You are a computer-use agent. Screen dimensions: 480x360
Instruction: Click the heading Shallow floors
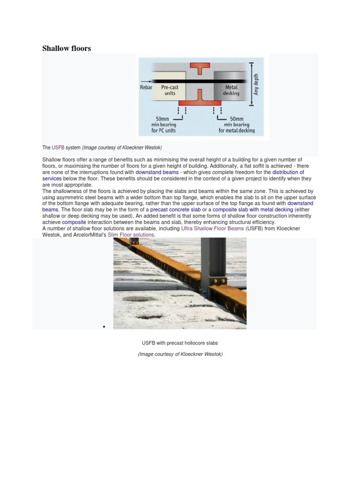[x=67, y=48]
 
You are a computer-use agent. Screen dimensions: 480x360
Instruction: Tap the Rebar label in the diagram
[x=146, y=87]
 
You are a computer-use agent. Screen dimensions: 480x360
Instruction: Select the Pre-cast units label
[x=170, y=90]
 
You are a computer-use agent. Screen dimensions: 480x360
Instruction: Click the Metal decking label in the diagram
[x=232, y=90]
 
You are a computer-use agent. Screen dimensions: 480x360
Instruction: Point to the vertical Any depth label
[x=256, y=84]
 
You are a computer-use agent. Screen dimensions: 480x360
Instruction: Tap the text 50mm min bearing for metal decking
[x=237, y=125]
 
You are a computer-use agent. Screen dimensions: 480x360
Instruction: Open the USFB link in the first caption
[x=58, y=148]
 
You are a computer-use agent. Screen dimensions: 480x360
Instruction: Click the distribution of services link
[x=288, y=172]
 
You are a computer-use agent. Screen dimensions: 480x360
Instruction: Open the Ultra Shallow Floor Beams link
[x=210, y=228]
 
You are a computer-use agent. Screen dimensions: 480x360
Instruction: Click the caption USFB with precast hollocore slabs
[x=180, y=343]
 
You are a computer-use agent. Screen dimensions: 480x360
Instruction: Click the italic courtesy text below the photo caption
[x=180, y=354]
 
